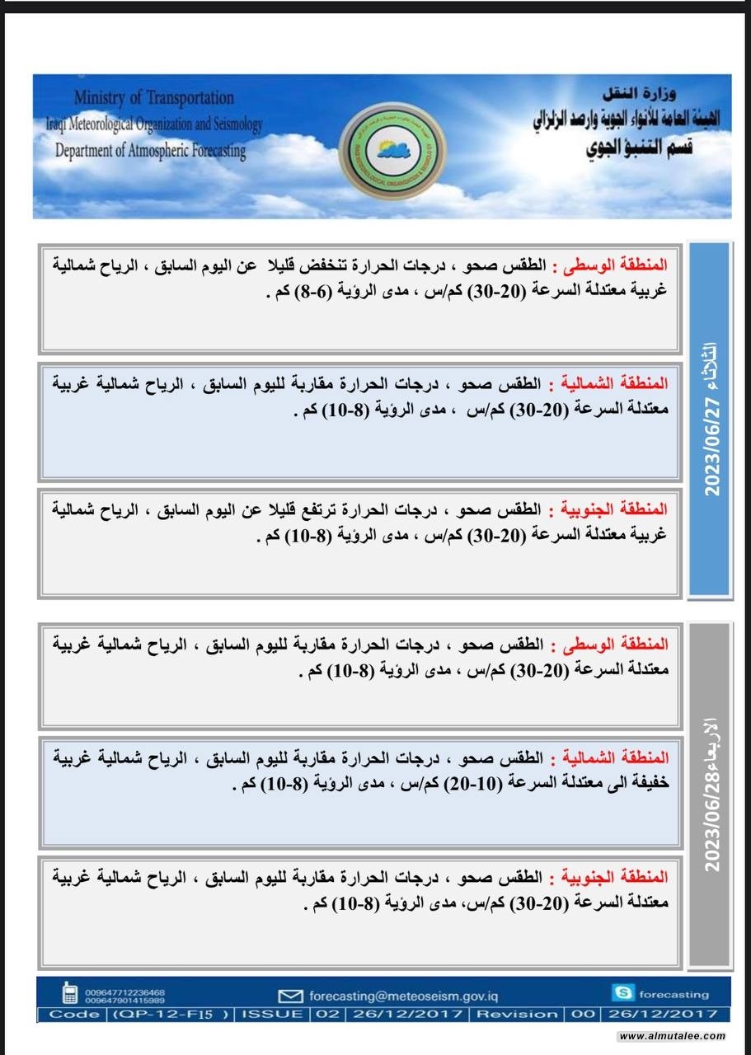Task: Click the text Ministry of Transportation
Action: pos(153,98)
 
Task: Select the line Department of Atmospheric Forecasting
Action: pos(150,151)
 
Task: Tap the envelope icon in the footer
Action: pos(291,995)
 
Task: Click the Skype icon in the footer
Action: pos(623,992)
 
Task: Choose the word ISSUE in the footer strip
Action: pos(272,1014)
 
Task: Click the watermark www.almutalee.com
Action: pos(672,1036)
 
